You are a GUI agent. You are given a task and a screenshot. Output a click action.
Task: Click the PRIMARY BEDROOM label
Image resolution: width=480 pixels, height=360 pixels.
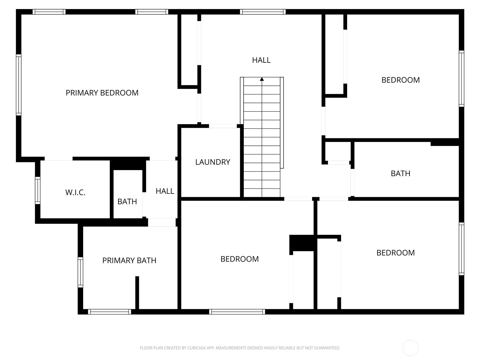coord(102,93)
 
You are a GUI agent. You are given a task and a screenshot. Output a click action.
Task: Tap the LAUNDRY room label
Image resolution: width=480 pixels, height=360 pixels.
coord(213,162)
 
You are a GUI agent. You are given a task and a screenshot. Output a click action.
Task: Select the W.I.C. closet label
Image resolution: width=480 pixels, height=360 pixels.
coord(75,192)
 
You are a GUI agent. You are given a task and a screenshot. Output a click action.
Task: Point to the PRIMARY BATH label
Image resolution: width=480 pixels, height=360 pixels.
coord(129,260)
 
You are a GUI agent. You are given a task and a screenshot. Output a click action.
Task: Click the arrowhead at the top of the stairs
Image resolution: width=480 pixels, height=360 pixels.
coord(262,79)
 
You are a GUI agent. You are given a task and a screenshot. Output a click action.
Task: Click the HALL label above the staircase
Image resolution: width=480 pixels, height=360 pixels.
coord(261,60)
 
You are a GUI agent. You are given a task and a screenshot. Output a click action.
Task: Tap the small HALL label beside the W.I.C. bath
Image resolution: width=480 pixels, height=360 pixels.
coord(165,191)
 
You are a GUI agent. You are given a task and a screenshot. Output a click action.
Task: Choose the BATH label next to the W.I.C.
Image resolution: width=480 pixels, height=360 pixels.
coord(127,201)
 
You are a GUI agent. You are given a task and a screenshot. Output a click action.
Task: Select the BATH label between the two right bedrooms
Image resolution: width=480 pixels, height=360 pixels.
coord(400,173)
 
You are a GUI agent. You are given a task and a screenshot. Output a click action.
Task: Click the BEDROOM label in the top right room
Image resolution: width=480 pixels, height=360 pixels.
coord(400,80)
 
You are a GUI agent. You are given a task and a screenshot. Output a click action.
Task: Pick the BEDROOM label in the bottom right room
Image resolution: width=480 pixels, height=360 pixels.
coord(396,253)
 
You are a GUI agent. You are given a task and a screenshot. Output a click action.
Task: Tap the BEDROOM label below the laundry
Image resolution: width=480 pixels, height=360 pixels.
coord(239,259)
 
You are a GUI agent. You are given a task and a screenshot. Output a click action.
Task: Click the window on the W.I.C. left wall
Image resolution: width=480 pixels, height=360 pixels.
coord(37,190)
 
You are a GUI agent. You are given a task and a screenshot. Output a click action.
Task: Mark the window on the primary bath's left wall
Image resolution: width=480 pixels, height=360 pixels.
coord(80,272)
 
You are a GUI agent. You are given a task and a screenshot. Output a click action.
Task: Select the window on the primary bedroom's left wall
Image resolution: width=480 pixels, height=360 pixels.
coord(19,85)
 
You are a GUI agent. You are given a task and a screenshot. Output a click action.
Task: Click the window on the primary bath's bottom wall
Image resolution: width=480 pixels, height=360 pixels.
coord(109,312)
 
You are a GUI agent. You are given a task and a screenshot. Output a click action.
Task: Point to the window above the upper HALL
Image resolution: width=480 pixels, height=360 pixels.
coord(262,12)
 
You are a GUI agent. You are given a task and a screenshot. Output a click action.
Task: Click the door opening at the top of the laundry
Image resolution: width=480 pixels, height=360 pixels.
coord(223,126)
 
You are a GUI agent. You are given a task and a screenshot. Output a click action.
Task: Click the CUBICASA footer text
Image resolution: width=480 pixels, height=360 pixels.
coord(240,348)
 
